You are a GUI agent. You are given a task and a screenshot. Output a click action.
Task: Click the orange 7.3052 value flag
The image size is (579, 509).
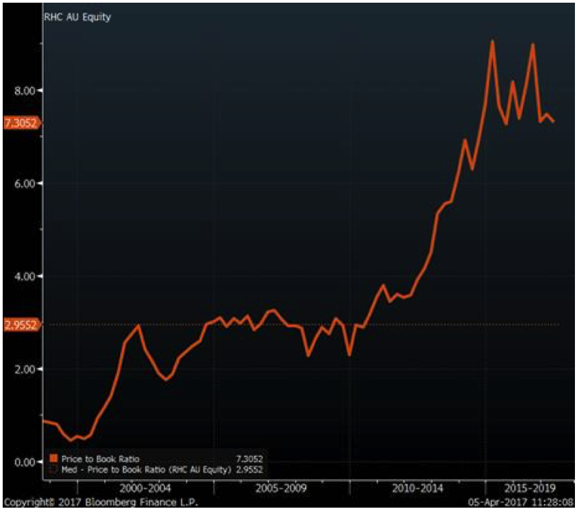point(21,123)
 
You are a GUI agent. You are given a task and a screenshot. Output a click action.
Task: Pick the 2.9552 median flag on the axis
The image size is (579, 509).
point(21,325)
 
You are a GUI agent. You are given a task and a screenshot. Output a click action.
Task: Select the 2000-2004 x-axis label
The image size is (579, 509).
point(146,487)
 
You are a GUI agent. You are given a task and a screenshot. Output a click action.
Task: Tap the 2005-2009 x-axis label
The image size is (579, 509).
point(283,487)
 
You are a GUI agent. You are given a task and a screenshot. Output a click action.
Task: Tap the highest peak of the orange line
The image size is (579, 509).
point(493,41)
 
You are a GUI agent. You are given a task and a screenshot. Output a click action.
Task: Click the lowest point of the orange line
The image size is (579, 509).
point(70,440)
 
